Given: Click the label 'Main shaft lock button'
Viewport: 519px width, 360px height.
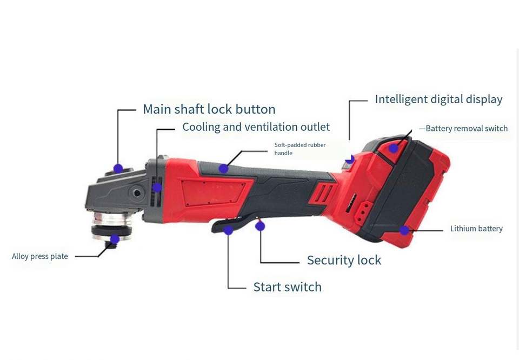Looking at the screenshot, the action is tap(209, 109).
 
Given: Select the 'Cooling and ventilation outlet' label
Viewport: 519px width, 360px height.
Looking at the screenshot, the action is tap(256, 127).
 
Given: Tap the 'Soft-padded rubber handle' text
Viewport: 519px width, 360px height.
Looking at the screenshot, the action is tap(300, 149).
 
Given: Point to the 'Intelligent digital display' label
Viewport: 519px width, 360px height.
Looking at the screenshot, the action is tap(438, 99).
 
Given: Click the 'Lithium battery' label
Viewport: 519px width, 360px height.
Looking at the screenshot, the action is tap(476, 229).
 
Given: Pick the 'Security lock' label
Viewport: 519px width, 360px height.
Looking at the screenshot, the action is tap(344, 260).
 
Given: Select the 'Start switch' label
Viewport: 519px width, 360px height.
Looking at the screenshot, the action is tap(287, 287).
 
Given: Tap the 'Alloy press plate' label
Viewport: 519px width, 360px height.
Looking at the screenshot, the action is tap(40, 256).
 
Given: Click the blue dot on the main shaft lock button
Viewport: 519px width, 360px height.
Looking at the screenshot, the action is tap(118, 168).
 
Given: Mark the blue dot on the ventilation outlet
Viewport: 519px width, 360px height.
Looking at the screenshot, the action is tap(157, 188).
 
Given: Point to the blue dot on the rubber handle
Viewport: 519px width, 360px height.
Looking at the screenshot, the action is tap(223, 168).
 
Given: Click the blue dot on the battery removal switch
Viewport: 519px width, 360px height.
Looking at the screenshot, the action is tap(394, 148).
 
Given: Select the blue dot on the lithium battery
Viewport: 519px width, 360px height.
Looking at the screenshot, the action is tap(404, 230).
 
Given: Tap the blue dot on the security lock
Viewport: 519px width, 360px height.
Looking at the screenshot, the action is tap(260, 226).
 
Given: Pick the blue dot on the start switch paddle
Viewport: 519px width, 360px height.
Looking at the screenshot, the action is tap(228, 230).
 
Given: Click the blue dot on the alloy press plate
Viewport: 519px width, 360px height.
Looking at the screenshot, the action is tap(115, 239).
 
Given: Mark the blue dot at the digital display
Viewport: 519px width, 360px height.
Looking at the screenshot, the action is tap(350, 159).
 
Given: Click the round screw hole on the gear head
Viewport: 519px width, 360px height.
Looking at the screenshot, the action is tap(137, 193).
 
